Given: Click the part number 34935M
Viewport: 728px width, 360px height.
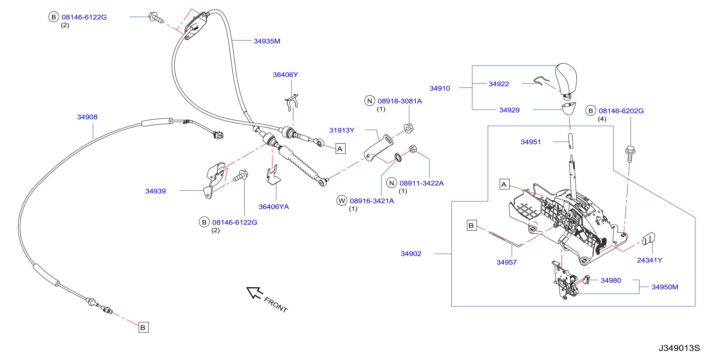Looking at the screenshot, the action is click(x=267, y=41).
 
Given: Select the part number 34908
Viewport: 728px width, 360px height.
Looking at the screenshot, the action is click(x=87, y=117).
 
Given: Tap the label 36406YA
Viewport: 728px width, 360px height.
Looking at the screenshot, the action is click(x=274, y=207).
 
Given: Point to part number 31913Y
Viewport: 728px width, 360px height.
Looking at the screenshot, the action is click(x=342, y=130).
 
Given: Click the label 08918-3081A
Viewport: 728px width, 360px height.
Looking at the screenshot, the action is click(x=400, y=101).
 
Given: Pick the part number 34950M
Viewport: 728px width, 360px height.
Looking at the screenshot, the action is click(x=665, y=287).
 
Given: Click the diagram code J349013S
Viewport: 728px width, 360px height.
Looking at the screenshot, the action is click(x=679, y=348).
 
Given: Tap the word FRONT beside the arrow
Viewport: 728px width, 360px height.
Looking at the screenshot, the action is click(x=276, y=305).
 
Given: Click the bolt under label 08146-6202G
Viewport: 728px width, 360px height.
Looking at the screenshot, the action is click(x=630, y=154).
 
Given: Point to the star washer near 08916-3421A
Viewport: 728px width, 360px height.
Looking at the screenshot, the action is click(x=398, y=157).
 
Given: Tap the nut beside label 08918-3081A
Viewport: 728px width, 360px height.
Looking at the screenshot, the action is click(x=409, y=129).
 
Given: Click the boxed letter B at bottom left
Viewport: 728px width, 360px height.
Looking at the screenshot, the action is click(x=143, y=327).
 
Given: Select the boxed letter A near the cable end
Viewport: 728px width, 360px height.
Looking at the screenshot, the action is click(x=340, y=149).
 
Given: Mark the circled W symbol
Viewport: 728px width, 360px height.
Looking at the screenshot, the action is click(x=342, y=201).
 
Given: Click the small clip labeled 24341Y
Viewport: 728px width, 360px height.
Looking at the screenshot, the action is click(x=649, y=239).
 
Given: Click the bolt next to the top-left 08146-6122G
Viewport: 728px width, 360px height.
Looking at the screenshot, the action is click(x=156, y=17).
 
